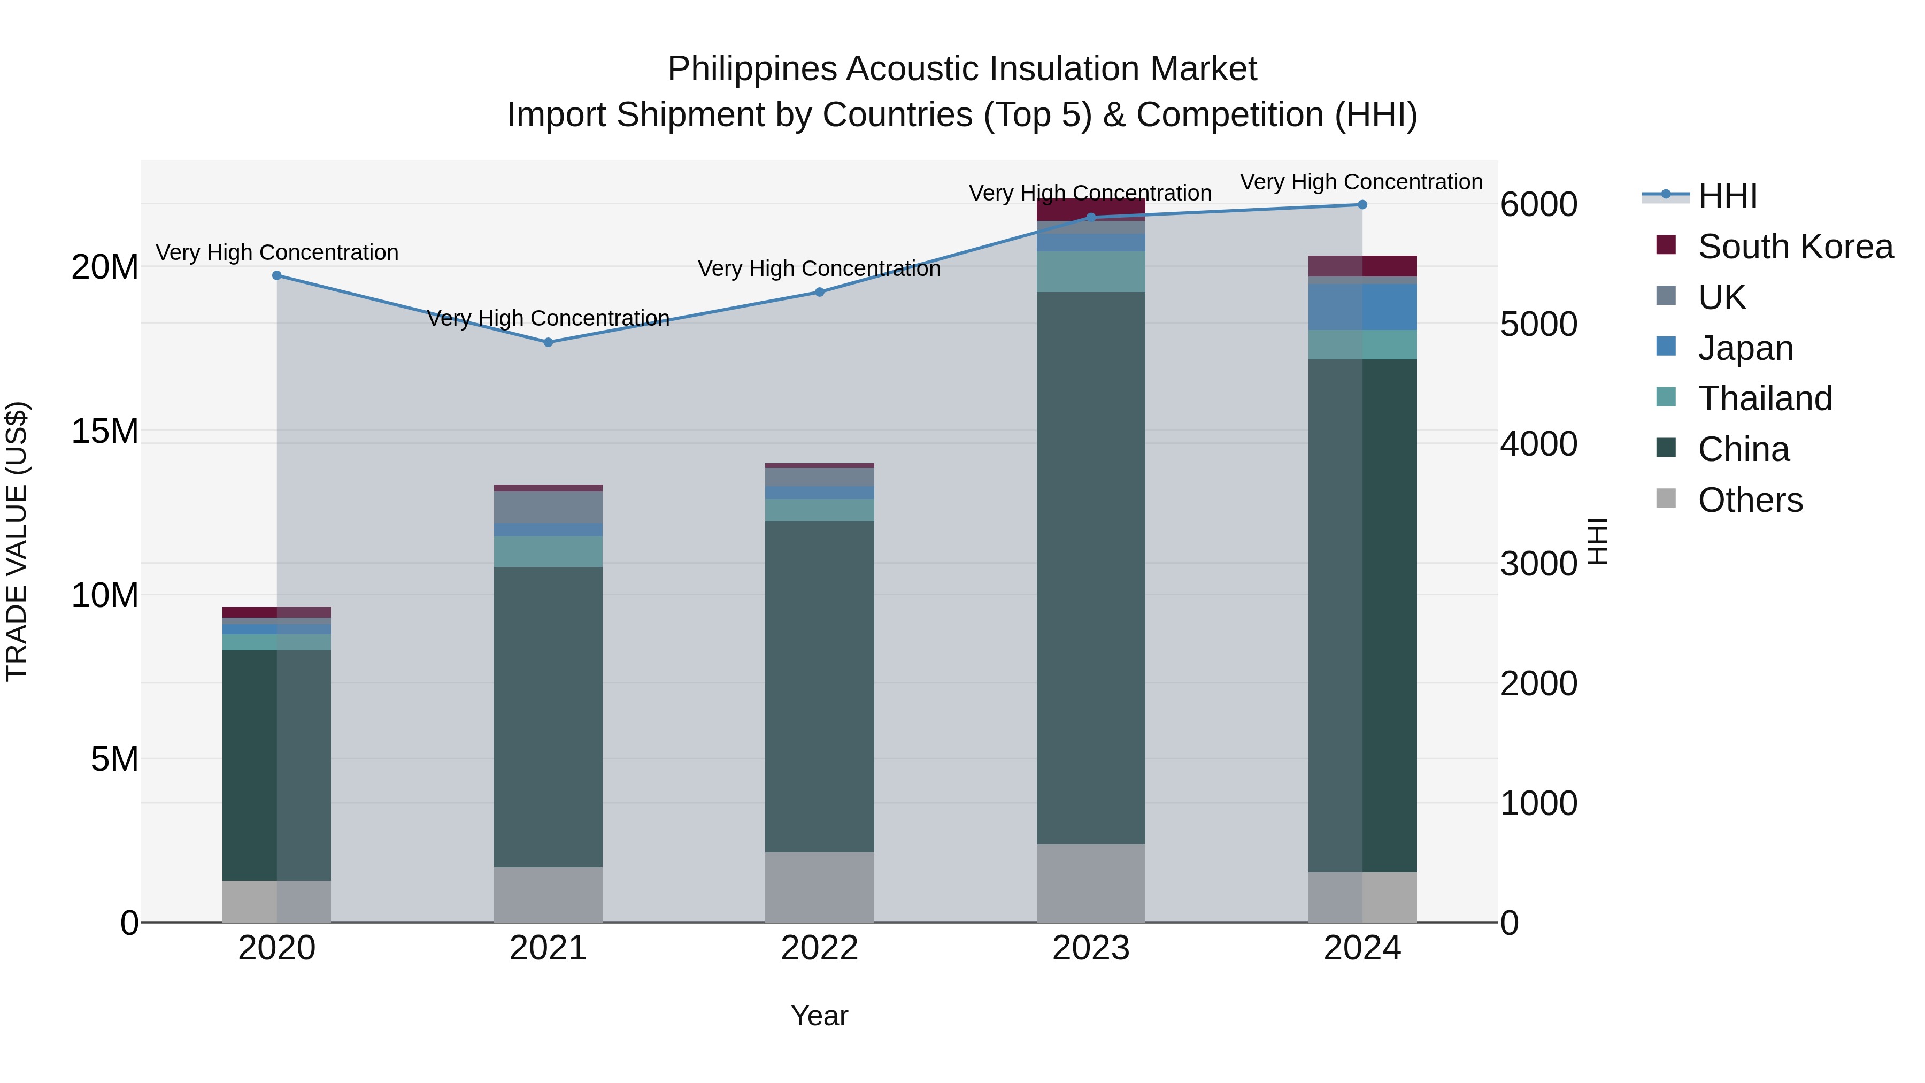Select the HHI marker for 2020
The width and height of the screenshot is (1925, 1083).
pos(276,276)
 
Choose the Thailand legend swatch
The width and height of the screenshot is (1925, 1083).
pos(1666,397)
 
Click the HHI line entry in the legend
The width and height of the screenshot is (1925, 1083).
pos(1726,196)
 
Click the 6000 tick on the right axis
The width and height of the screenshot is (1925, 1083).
pos(1538,205)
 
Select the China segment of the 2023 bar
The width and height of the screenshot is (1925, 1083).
pos(1090,568)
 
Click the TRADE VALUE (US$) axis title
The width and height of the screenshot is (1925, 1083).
pos(17,541)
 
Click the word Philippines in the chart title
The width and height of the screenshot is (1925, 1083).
pos(752,70)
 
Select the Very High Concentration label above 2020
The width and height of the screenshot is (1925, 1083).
pos(276,252)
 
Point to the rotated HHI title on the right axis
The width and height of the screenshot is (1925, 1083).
pos(1597,541)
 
